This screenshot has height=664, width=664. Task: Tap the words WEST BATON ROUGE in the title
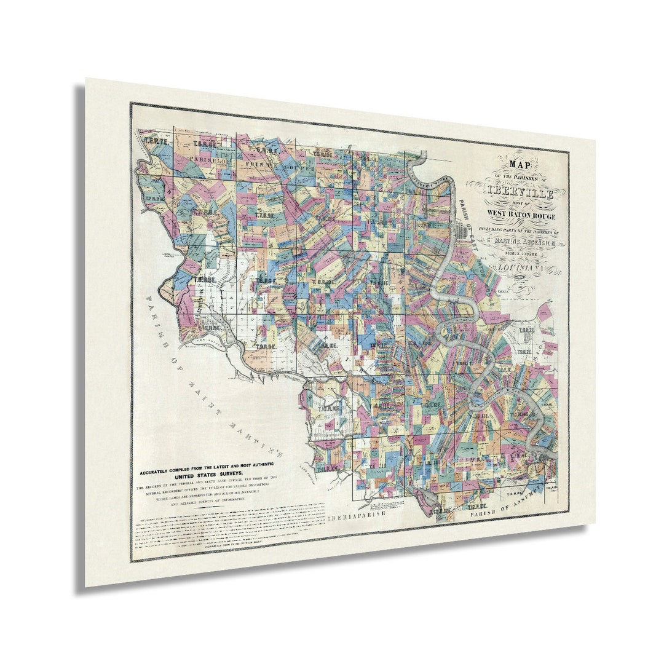(x=520, y=213)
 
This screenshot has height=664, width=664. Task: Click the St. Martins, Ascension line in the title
(x=520, y=244)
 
